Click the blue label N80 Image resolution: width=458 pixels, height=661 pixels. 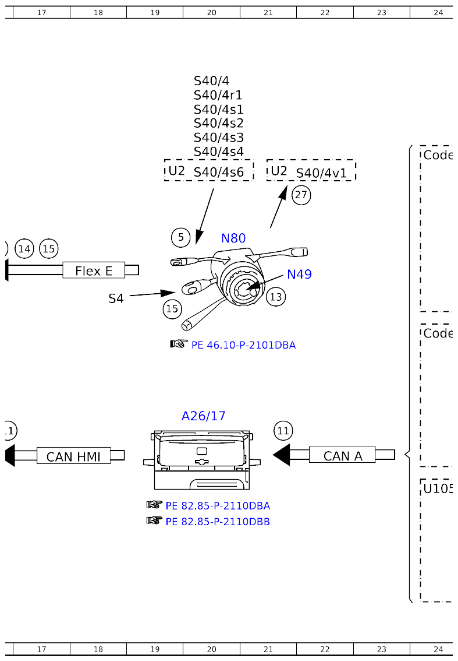pyautogui.click(x=233, y=238)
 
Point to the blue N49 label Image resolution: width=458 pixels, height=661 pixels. pyautogui.click(x=299, y=274)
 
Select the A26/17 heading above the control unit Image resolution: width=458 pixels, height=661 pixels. pyautogui.click(x=203, y=416)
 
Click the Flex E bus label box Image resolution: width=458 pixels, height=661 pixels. pyautogui.click(x=94, y=270)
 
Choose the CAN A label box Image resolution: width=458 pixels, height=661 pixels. pyautogui.click(x=342, y=456)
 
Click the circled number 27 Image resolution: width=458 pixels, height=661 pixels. pyautogui.click(x=301, y=195)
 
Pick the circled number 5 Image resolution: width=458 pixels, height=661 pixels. pyautogui.click(x=181, y=237)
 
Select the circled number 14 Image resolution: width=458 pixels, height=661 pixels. pyautogui.click(x=24, y=249)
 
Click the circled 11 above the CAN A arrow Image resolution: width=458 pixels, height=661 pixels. pyautogui.click(x=283, y=431)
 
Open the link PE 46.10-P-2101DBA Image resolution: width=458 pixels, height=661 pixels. pyautogui.click(x=243, y=345)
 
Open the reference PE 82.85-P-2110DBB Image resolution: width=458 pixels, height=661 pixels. pyautogui.click(x=218, y=522)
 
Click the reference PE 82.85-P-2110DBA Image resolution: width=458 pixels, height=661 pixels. pyautogui.click(x=218, y=506)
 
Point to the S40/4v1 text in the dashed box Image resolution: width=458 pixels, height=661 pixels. pyautogui.click(x=321, y=173)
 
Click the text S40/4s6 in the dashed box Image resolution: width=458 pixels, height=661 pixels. pyautogui.click(x=218, y=172)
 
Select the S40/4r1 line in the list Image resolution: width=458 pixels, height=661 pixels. pyautogui.click(x=218, y=95)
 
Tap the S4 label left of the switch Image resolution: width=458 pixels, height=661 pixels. pyautogui.click(x=116, y=298)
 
